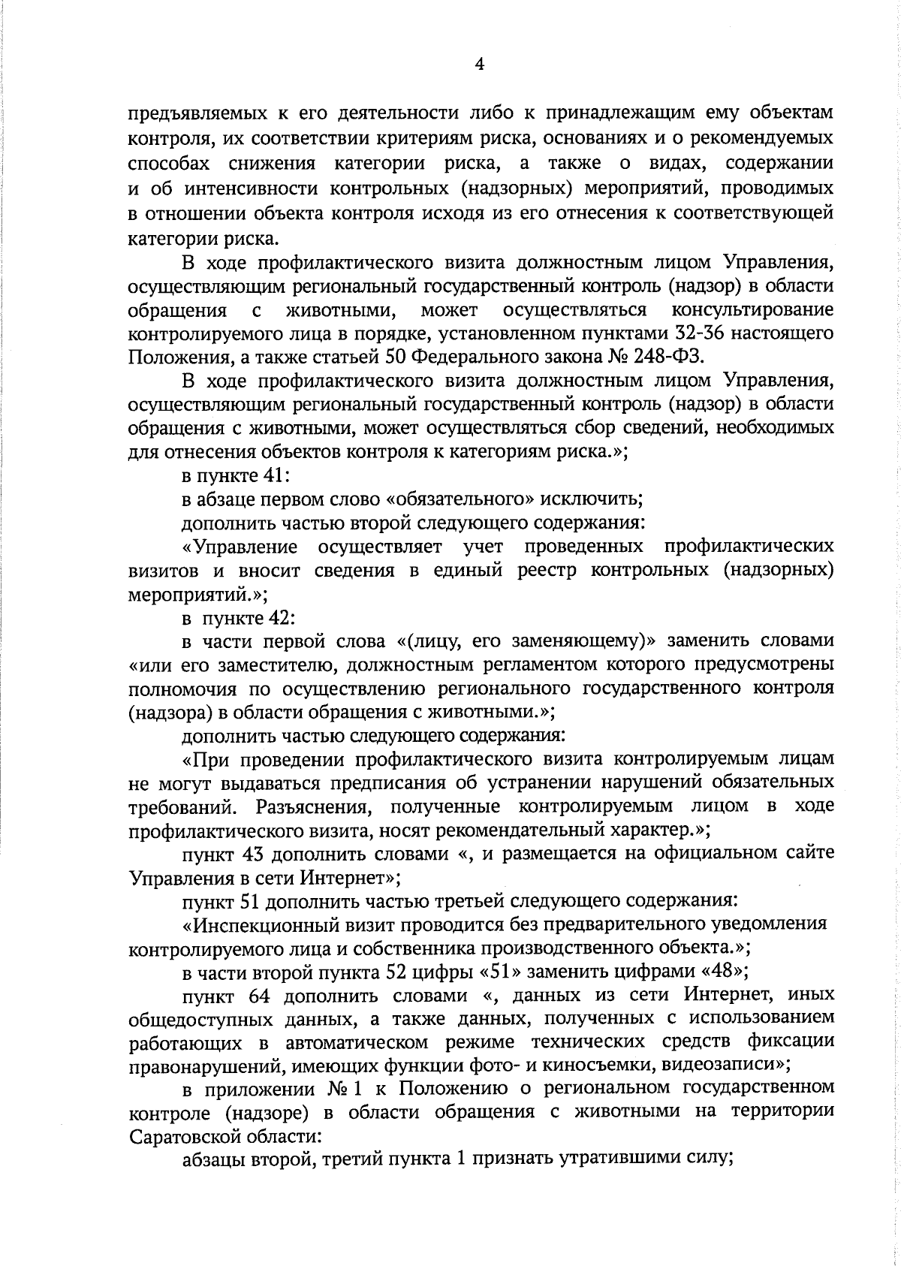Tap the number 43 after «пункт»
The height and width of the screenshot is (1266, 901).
coord(255,854)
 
